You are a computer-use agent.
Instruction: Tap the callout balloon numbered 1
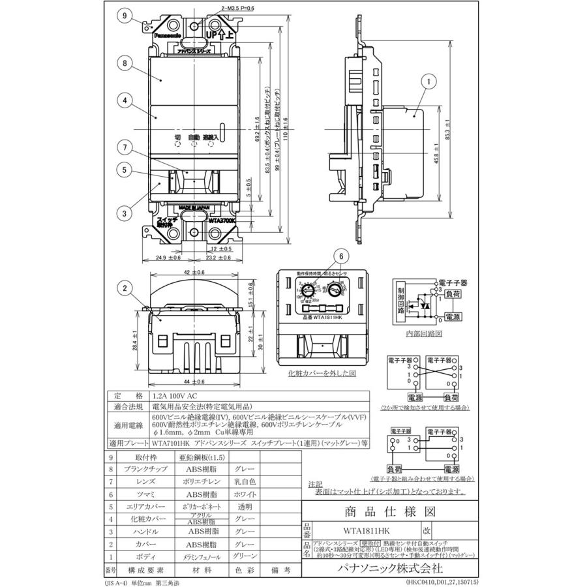428,82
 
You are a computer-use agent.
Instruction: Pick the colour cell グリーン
241,558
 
